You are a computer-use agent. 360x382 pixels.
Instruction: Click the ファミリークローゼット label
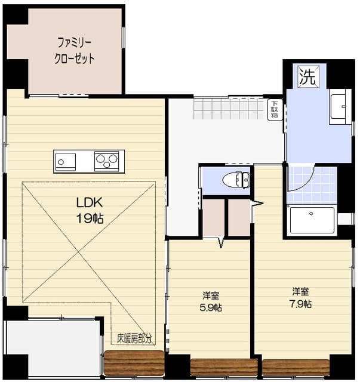pos(75,51)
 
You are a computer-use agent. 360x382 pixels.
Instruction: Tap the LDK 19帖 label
pos(89,210)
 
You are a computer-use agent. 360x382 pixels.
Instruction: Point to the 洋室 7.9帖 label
pos(301,297)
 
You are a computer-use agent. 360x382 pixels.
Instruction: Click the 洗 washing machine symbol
pos(307,76)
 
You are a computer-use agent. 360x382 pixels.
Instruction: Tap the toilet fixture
pos(236,179)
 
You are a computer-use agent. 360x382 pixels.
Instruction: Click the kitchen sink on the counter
pos(66,161)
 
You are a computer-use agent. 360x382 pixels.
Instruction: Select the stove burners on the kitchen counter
pos(107,161)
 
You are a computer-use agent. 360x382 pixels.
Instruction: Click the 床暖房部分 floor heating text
pos(134,338)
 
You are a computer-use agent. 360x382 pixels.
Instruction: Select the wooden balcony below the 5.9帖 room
pos(224,366)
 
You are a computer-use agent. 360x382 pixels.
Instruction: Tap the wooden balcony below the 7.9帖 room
pos(296,366)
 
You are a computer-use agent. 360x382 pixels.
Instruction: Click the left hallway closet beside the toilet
pos(213,218)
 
